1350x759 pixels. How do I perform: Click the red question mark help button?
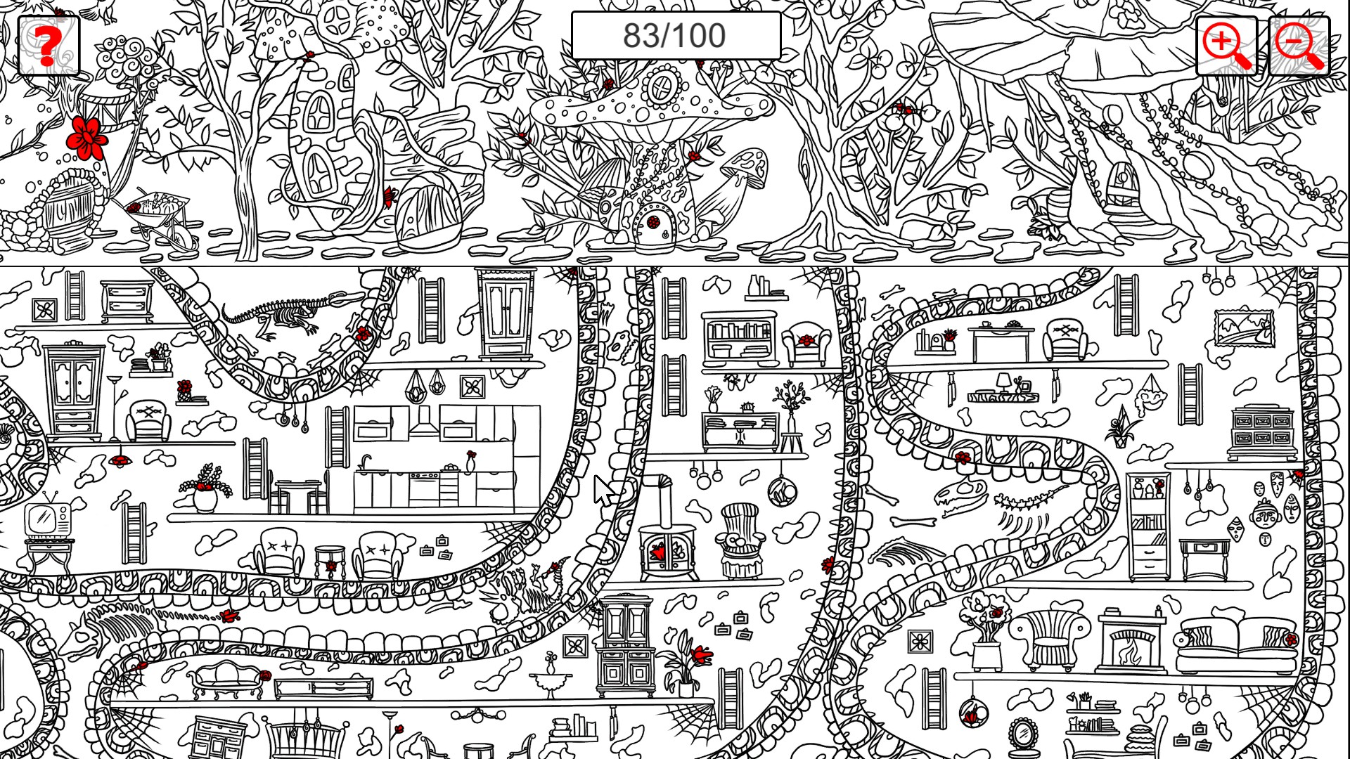pos(48,46)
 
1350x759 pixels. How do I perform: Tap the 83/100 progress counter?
pos(675,36)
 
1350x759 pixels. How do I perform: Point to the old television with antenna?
pos(47,519)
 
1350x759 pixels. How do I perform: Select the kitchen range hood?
pos(423,421)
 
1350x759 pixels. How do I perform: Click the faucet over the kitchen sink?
pos(365,462)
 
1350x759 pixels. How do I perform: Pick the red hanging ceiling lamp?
pos(120,460)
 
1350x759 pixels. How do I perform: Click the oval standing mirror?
pos(1024,734)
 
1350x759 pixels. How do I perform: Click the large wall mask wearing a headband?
pos(1265,517)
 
